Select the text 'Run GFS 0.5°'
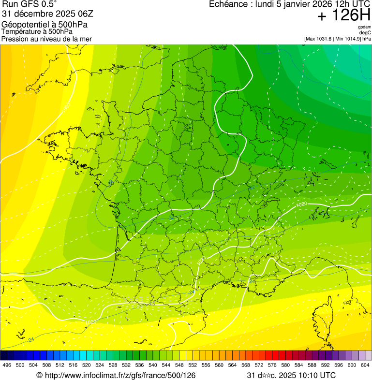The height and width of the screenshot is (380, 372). (x=29, y=5)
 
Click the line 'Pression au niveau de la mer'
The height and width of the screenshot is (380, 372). (x=46, y=39)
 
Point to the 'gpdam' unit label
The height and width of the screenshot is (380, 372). (x=365, y=27)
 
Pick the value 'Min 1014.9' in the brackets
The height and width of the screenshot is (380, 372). (x=347, y=39)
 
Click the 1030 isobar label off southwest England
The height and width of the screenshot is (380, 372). (x=66, y=107)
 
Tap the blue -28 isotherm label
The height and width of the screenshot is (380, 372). (x=110, y=183)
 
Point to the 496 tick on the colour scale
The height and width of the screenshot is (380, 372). (x=7, y=365)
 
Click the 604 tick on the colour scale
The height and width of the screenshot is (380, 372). (x=365, y=365)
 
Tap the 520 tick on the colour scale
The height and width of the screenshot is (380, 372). (x=87, y=365)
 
